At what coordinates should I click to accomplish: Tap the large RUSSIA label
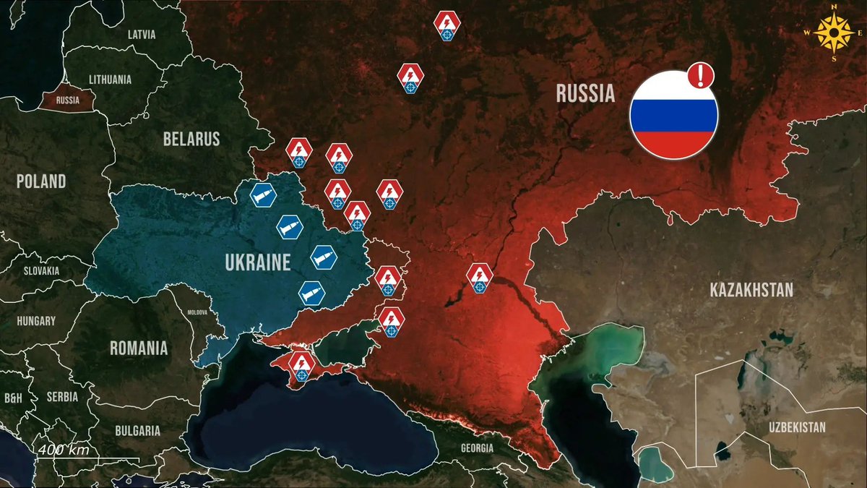(585, 93)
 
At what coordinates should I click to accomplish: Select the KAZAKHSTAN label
(751, 291)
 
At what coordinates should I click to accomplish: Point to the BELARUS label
(191, 139)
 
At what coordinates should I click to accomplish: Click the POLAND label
(41, 181)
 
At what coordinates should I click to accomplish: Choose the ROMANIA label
(139, 348)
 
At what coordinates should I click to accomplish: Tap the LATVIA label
(141, 34)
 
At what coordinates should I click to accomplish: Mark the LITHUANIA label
(110, 80)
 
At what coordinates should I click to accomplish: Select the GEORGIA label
(477, 448)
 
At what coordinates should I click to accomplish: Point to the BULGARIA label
(137, 431)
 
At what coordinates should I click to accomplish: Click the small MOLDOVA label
(197, 312)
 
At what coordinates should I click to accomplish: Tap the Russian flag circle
(673, 115)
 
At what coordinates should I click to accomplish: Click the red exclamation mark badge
(700, 74)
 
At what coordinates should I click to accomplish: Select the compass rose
(832, 33)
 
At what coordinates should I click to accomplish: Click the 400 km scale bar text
(64, 450)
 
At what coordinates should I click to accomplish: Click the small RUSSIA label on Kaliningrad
(67, 100)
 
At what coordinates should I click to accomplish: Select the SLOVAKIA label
(41, 271)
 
